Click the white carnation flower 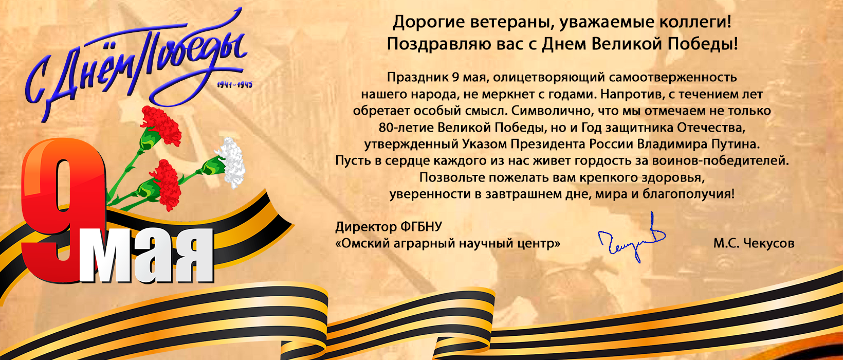coord(230,162)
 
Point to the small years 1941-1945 coord(234,85)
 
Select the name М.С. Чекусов coord(754,243)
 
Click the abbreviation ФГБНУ coord(421,227)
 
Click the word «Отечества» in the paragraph coord(711,128)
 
